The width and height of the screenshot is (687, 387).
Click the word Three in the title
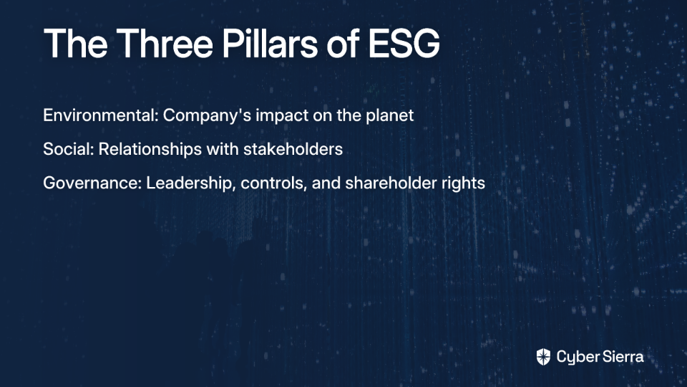(x=165, y=43)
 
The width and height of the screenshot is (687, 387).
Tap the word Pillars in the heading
(x=270, y=43)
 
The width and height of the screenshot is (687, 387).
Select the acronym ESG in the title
(x=404, y=43)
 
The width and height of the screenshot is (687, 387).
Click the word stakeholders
(x=293, y=149)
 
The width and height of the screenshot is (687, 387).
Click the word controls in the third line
(x=273, y=183)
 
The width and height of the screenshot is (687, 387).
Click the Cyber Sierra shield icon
(x=543, y=357)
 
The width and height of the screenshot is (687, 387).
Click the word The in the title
(x=75, y=43)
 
